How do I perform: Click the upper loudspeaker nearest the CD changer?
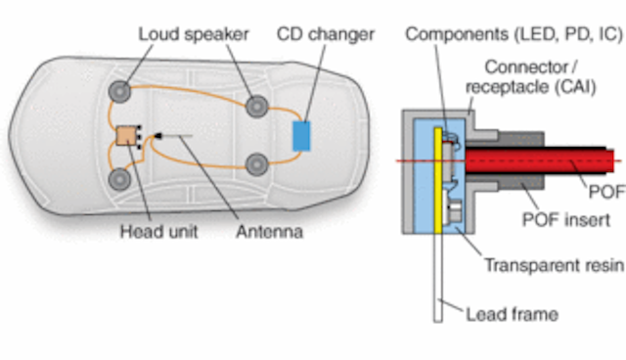(257, 105)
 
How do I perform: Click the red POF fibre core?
(548, 159)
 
